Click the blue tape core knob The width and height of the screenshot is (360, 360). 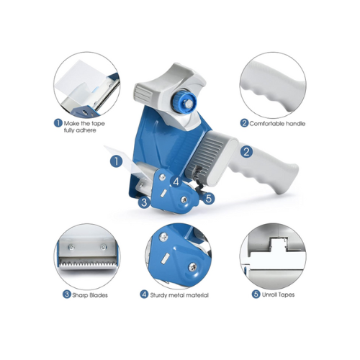[x=184, y=102]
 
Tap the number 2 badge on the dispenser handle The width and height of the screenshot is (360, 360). [x=246, y=151]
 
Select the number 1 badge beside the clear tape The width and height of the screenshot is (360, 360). [x=116, y=161]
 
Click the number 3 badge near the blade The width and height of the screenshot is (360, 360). [x=144, y=202]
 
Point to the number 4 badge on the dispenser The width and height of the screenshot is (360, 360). [x=176, y=181]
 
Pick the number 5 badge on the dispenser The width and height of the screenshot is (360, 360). [x=208, y=199]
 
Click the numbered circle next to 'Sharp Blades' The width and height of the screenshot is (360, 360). [x=66, y=294]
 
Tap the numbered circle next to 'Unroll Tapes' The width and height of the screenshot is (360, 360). [x=256, y=294]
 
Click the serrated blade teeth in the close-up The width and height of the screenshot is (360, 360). [x=88, y=263]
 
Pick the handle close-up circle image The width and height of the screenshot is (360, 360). [x=273, y=86]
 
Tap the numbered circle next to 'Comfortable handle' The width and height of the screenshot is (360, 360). [x=244, y=123]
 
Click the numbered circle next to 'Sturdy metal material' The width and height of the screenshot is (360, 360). [x=144, y=294]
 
